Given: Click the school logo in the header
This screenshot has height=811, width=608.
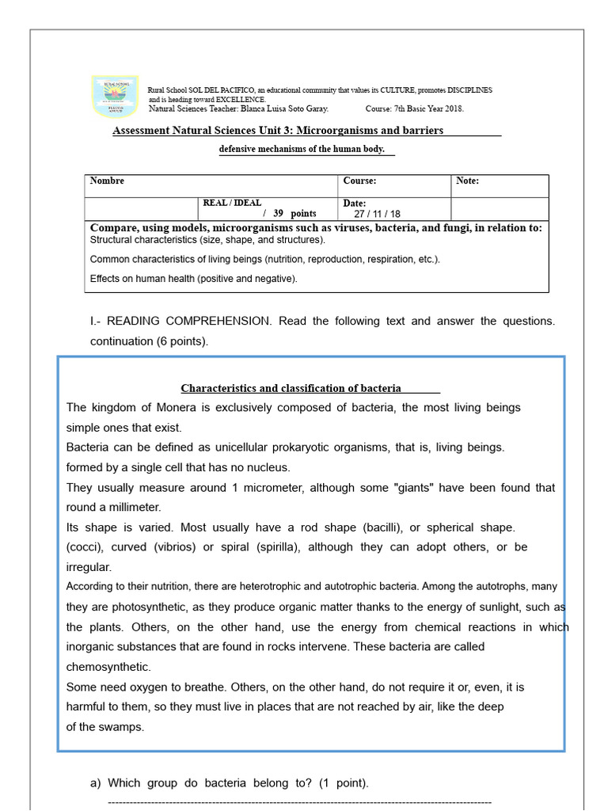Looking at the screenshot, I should [115, 97].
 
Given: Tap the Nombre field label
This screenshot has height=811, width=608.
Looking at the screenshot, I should [107, 181].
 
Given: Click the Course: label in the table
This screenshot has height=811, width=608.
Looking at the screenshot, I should [359, 181].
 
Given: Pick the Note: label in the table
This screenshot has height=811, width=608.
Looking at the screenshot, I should [467, 181].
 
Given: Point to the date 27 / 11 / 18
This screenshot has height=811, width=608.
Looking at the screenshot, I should [377, 214].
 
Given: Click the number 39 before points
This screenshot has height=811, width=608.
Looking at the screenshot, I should [278, 214].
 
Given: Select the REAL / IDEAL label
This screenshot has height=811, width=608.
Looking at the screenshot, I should [232, 204].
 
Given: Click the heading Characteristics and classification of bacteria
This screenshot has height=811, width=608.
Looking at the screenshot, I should [291, 388].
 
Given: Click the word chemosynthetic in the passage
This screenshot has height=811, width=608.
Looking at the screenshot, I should [108, 667].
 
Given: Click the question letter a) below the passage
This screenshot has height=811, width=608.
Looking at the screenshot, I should [96, 783].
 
